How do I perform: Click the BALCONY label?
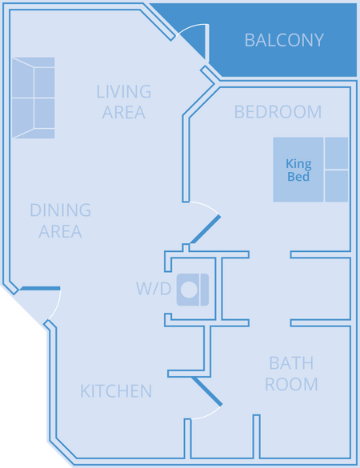coord(284,40)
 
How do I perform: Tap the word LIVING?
coord(123,91)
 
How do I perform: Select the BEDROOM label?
coord(278,112)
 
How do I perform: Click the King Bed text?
coord(298,170)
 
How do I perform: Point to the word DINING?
coord(60,210)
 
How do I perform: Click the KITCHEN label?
coord(116,391)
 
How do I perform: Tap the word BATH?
coord(291,363)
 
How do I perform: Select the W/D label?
coord(154,289)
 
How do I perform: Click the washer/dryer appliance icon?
coord(193,290)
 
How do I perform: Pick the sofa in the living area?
coord(34,98)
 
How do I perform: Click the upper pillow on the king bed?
coord(337,153)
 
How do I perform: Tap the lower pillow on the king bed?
coord(337,186)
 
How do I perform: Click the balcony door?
coord(206,42)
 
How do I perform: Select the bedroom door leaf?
coord(206,230)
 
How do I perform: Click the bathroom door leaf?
coord(207,391)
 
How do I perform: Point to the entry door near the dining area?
coord(40,288)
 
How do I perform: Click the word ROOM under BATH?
coord(291,384)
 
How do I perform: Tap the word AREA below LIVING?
coord(123,112)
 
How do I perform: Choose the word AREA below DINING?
coord(60,231)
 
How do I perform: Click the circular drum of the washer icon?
coord(190,290)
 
